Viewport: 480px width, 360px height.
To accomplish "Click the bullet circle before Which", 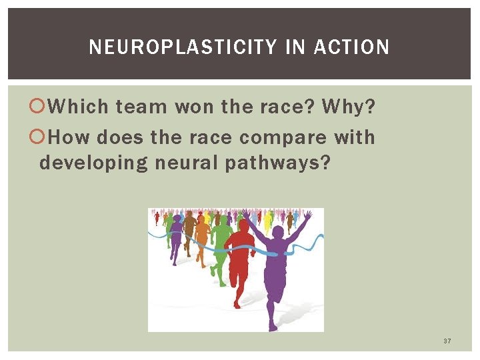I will click(43, 107).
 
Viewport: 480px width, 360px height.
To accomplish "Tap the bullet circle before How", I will click(43, 138).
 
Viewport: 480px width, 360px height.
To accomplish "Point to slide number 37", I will click(447, 341).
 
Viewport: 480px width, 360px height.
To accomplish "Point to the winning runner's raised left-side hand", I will click(247, 213).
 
